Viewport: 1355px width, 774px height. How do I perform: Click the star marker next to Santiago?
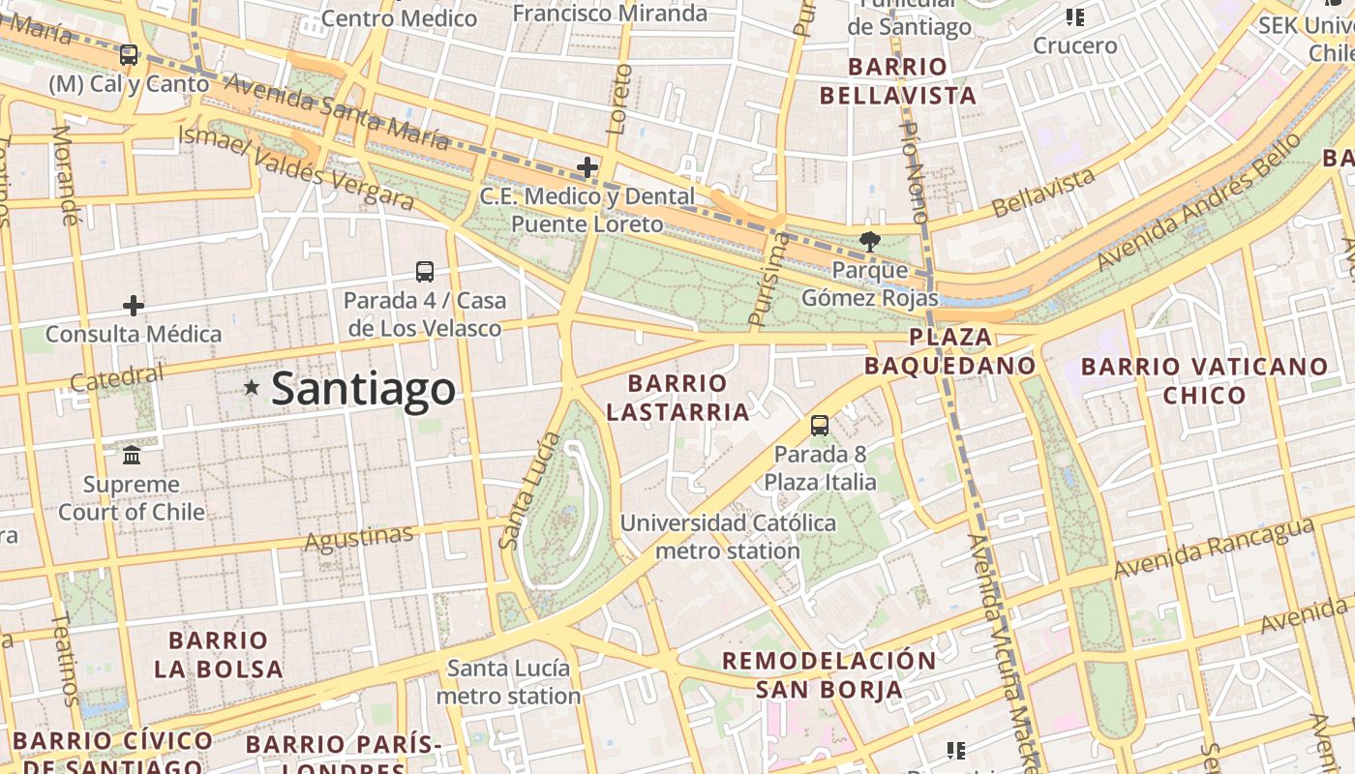(x=252, y=388)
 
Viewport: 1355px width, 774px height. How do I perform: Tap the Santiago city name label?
(x=363, y=389)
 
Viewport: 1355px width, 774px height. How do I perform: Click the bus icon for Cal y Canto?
(x=129, y=55)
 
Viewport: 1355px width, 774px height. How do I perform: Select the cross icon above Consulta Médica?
(x=134, y=307)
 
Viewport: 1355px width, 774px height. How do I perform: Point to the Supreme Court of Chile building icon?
(x=132, y=455)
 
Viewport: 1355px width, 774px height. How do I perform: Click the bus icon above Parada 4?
(x=424, y=272)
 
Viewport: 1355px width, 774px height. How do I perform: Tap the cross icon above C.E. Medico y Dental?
(x=587, y=167)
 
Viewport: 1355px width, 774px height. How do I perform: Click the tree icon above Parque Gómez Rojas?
(x=870, y=242)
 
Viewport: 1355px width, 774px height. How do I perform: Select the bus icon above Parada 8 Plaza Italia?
(x=820, y=425)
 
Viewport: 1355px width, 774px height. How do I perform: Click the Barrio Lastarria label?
(x=677, y=398)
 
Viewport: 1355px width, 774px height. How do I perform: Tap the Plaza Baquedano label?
(x=950, y=351)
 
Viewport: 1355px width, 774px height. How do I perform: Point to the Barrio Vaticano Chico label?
(x=1205, y=381)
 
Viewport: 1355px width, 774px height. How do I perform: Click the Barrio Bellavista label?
(x=897, y=81)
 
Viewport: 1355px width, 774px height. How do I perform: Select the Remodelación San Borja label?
(x=829, y=675)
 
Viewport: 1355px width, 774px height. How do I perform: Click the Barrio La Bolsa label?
(x=218, y=654)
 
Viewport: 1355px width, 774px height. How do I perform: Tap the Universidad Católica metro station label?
(x=728, y=537)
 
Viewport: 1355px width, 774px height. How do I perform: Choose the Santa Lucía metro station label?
(x=508, y=682)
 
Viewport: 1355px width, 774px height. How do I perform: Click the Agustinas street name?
(x=359, y=538)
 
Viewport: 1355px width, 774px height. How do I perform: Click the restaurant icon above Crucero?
(x=1074, y=17)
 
